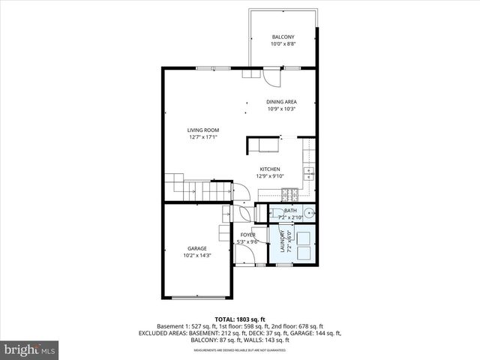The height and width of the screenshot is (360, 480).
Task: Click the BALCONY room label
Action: (283, 37)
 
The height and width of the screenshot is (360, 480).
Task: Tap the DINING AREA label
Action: (282, 102)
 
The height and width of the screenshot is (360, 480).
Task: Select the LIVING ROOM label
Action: (203, 130)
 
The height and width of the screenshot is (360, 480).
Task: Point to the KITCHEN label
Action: (270, 169)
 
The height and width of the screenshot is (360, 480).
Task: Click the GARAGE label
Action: (197, 248)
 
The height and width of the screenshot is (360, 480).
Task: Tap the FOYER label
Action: (247, 235)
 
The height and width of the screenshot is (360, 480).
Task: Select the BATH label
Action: (289, 211)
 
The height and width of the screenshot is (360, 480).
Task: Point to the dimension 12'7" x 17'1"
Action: (203, 137)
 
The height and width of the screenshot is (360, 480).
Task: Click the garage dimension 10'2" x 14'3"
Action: (197, 256)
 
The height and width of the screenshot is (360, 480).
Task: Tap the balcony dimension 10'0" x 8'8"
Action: (283, 44)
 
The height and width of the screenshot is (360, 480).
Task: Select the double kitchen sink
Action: (309, 173)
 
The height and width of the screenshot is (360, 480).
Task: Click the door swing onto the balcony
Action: (271, 76)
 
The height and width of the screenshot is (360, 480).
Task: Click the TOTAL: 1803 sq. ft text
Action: (241, 319)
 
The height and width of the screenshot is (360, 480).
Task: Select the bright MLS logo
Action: (30, 349)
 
